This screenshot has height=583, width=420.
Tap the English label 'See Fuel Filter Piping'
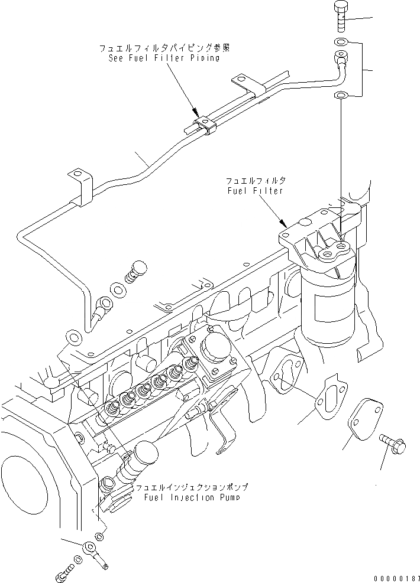click(164, 58)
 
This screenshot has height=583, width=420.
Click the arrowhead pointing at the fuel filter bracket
click(285, 224)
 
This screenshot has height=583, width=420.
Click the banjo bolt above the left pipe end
click(137, 270)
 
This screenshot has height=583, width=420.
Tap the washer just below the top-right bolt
click(340, 42)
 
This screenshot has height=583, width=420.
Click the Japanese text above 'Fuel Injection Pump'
click(192, 488)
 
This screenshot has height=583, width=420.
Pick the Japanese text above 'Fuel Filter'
click(256, 180)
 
